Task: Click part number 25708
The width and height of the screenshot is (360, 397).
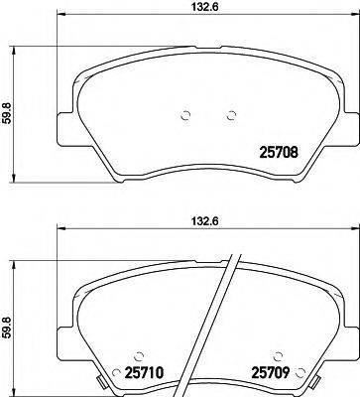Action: tap(278, 153)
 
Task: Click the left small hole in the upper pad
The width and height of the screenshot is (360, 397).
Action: tap(185, 115)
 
